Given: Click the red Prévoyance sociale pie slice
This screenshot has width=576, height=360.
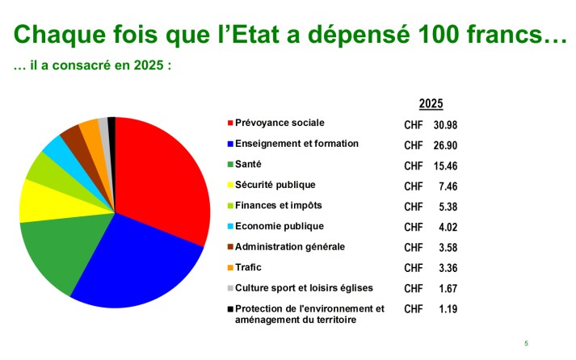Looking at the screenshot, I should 162,174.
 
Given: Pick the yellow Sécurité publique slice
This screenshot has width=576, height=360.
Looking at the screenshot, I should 36,200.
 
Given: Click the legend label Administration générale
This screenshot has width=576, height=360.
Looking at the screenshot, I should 289,246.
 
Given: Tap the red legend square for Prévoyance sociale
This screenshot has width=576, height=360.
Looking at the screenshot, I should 230,123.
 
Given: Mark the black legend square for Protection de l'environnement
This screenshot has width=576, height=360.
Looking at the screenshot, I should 230,308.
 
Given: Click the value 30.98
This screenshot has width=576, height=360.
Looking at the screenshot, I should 445,125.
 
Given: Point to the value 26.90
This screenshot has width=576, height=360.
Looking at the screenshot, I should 445,145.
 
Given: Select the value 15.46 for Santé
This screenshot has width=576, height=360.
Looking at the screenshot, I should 445,165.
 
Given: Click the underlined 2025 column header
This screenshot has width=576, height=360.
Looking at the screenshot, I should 431,103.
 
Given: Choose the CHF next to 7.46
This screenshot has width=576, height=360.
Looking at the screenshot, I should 413,186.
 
